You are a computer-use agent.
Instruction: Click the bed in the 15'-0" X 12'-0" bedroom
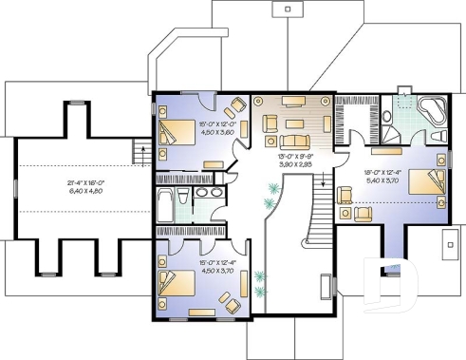[174, 132]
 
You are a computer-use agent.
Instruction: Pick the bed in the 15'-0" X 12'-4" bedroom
[174, 282]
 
